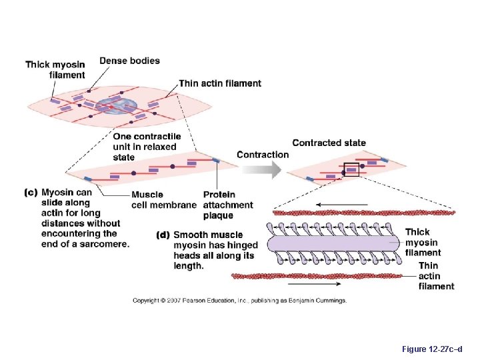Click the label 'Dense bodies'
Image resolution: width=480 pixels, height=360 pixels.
click(x=129, y=61)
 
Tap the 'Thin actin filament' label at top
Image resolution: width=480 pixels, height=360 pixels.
click(x=220, y=83)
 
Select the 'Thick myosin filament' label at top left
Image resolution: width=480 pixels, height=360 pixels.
click(x=56, y=69)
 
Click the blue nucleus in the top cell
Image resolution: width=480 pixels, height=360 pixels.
click(x=117, y=105)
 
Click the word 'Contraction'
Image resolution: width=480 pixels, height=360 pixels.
click(x=263, y=155)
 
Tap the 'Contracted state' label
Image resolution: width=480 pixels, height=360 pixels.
click(x=329, y=143)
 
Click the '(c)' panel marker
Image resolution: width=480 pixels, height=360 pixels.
click(x=31, y=193)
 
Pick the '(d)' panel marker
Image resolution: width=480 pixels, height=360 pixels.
click(x=163, y=235)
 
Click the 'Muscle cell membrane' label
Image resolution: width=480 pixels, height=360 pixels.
click(x=163, y=200)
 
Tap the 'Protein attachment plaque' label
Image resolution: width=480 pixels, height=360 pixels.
click(x=227, y=205)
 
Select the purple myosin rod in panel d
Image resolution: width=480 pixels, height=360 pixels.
click(x=333, y=244)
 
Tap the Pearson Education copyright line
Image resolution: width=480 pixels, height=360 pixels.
click(x=239, y=301)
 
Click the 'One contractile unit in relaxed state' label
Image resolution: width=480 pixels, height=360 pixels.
click(x=146, y=147)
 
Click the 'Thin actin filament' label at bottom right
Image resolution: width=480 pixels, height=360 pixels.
click(x=436, y=276)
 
